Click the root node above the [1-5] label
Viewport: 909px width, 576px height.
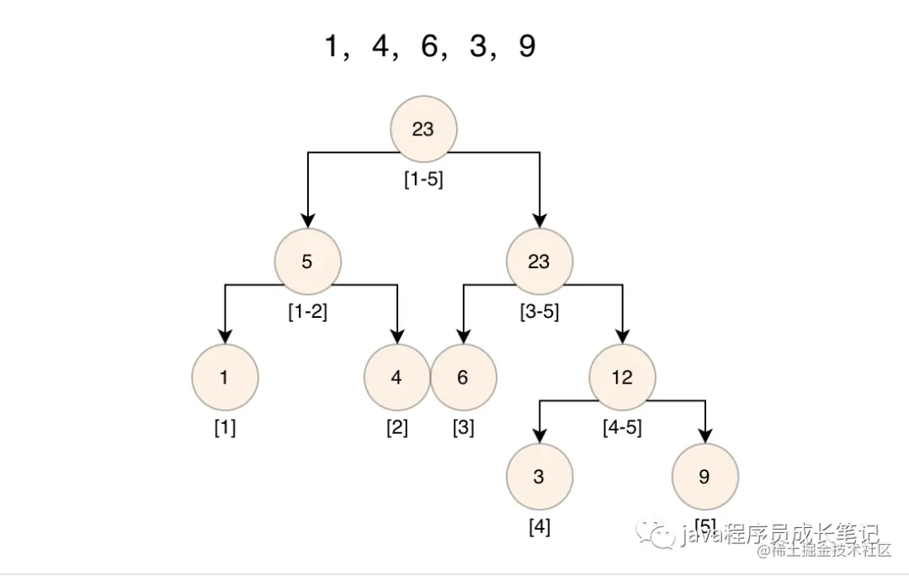pyautogui.click(x=423, y=129)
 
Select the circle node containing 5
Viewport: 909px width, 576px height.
pyautogui.click(x=307, y=262)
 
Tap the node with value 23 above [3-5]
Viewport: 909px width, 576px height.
pyautogui.click(x=539, y=262)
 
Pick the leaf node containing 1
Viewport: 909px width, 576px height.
pyautogui.click(x=224, y=378)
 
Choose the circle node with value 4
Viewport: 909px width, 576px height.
pyautogui.click(x=396, y=378)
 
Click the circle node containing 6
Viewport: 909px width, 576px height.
pyautogui.click(x=463, y=378)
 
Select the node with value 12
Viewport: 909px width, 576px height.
pyautogui.click(x=622, y=378)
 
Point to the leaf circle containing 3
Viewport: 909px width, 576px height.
pyautogui.click(x=539, y=477)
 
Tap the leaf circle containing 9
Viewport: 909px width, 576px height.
pyautogui.click(x=704, y=477)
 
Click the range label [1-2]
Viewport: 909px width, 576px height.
pyautogui.click(x=307, y=312)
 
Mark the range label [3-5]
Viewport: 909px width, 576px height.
pyautogui.click(x=539, y=312)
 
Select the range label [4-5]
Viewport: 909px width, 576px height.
pyautogui.click(x=622, y=428)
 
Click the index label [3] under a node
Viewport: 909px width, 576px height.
pyautogui.click(x=463, y=428)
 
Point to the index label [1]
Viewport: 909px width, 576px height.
pyautogui.click(x=224, y=428)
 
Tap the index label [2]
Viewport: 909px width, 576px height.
pyautogui.click(x=396, y=428)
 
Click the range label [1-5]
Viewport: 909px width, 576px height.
pyautogui.click(x=423, y=180)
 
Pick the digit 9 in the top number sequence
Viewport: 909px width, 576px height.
pyautogui.click(x=527, y=47)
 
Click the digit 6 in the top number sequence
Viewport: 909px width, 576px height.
pyautogui.click(x=430, y=47)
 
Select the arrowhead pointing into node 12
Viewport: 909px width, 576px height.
pyautogui.click(x=622, y=338)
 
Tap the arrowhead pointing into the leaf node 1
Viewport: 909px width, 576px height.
pyautogui.click(x=224, y=338)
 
